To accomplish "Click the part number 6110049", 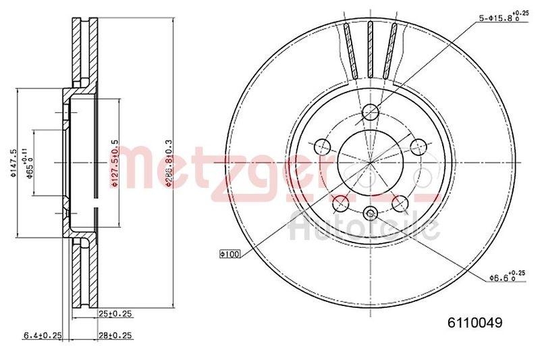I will [x=475, y=323].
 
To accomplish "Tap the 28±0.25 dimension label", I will [x=115, y=334].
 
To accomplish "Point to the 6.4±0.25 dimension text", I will [x=42, y=334].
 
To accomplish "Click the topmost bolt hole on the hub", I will [x=370, y=112].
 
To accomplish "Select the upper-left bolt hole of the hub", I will [x=321, y=146].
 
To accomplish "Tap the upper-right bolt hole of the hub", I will [x=418, y=146].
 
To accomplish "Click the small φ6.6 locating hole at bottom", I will [x=369, y=214].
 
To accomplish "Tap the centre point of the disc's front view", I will [x=370, y=163].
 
